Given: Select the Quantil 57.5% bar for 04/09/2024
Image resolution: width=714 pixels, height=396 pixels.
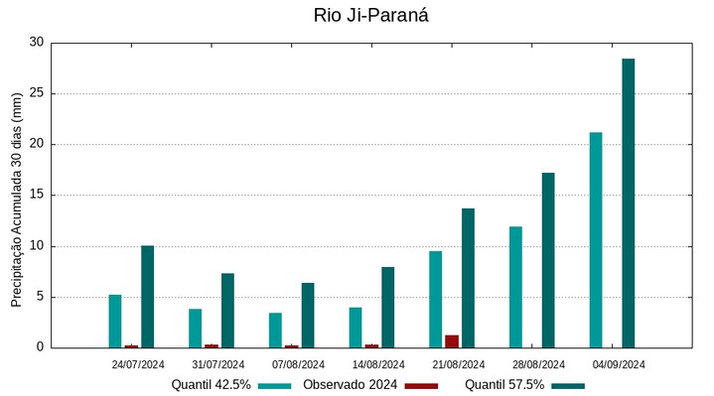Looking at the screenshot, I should (628, 202).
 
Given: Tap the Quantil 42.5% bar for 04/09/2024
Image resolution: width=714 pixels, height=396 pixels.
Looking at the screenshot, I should (596, 239).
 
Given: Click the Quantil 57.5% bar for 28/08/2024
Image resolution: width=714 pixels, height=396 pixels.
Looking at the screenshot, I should (548, 260).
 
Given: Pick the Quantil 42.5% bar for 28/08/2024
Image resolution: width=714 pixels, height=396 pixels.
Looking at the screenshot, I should (515, 287).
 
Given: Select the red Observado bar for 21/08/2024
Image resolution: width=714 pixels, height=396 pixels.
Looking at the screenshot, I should (452, 341).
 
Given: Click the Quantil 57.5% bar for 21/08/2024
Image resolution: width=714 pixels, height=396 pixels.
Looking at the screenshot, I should (468, 278).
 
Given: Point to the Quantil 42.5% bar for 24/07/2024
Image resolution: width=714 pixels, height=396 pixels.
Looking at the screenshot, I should (115, 321).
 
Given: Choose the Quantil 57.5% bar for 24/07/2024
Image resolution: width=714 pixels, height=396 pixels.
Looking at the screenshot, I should (147, 296).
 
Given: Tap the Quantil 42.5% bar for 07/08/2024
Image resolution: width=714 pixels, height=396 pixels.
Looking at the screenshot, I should (275, 330).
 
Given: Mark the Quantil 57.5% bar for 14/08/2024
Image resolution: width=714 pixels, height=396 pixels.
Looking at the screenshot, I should (387, 307).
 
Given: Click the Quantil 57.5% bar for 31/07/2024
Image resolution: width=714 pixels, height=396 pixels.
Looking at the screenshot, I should (227, 310).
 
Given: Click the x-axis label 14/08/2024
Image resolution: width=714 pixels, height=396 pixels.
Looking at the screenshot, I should (377, 364).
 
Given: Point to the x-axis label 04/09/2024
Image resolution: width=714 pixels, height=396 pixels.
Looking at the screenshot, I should (618, 364).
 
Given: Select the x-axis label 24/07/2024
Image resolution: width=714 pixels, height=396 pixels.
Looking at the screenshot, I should (138, 364).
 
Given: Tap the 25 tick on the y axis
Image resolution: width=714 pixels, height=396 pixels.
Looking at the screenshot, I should (37, 93).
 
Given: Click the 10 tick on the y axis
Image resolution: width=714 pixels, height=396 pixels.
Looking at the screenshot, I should (37, 246).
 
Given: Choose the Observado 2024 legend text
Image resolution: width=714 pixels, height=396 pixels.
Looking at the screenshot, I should (351, 385).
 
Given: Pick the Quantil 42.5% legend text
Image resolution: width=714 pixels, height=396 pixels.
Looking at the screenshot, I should (211, 385).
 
